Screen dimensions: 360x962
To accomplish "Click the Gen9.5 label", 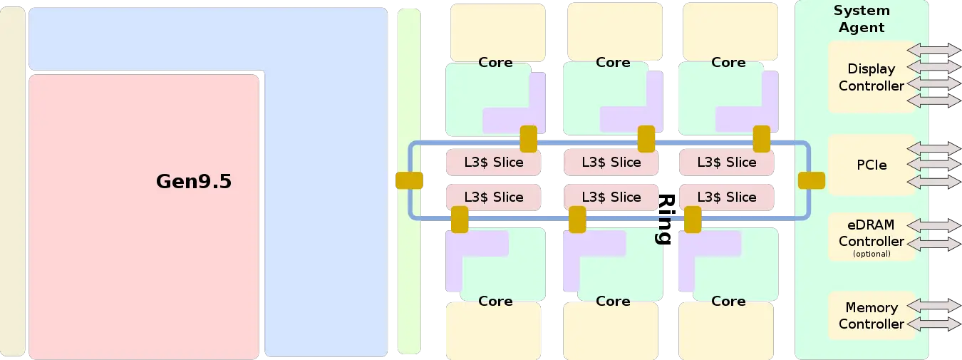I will click(193, 182).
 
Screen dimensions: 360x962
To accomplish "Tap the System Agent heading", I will click(862, 19).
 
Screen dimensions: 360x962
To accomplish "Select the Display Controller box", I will click(871, 77).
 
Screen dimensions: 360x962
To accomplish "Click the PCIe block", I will click(872, 165).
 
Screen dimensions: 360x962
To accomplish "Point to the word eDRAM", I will click(871, 225).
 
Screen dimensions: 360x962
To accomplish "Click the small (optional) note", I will click(871, 254).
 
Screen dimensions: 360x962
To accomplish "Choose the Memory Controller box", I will click(871, 316).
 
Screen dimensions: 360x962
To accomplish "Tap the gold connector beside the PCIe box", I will click(811, 181).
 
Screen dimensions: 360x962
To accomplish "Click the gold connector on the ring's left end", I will click(409, 181).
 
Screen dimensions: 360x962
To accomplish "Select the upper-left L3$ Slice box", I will click(493, 163).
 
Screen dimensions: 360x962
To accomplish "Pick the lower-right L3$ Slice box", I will click(726, 197).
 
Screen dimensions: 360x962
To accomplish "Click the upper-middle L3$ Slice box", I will click(611, 163).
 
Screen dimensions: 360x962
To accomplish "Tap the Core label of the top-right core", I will click(728, 63).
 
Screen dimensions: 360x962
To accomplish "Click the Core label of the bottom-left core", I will click(495, 301).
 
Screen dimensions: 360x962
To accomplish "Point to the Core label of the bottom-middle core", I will click(613, 301).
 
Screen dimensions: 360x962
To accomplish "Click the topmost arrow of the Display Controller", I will click(933, 50).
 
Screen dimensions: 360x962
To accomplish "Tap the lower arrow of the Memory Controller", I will click(933, 324).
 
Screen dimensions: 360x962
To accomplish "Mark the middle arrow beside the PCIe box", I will click(933, 165).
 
